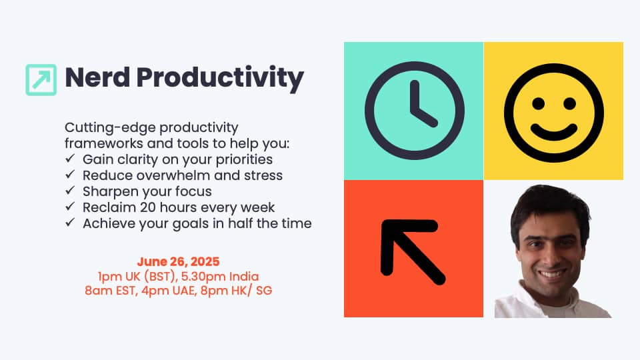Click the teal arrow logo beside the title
coord(41,80)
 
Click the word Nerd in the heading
coord(97,77)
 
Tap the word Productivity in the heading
coord(220,79)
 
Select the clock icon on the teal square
coord(414,111)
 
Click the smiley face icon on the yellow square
coord(553,113)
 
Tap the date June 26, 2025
coord(179,261)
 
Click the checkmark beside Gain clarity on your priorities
coord(70,158)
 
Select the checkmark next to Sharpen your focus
coord(70,190)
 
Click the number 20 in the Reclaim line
coord(148,207)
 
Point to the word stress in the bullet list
coord(263,175)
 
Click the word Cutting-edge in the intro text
coord(109,128)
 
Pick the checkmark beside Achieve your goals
coord(70,222)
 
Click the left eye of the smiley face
coord(539,104)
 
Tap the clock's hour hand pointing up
coord(415,97)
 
